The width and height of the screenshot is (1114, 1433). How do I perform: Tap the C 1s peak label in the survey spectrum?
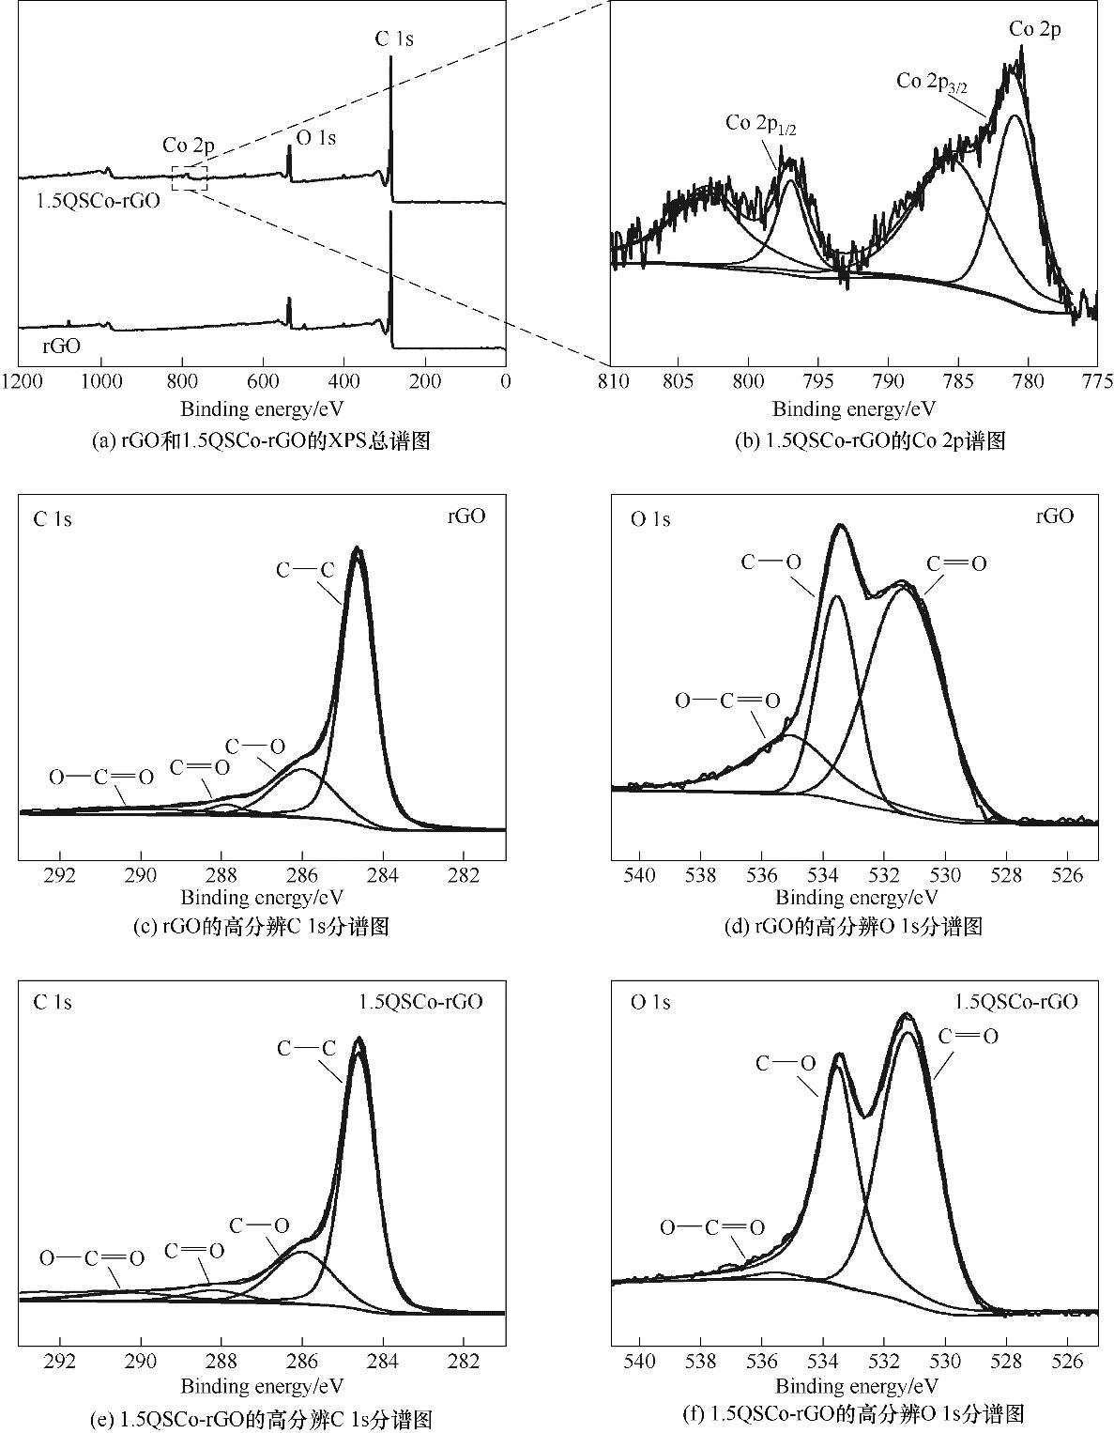(x=394, y=39)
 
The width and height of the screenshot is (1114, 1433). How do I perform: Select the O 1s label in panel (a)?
(x=316, y=138)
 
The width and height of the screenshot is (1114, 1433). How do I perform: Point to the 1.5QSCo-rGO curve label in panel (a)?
(x=98, y=200)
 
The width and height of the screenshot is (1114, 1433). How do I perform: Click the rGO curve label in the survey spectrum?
(x=61, y=346)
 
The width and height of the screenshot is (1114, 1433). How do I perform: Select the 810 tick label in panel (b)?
(x=612, y=382)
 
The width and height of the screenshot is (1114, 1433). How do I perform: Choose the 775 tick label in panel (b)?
(x=1097, y=382)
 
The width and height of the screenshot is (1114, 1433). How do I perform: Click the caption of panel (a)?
(x=262, y=440)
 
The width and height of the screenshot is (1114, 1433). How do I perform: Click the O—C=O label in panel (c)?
(x=101, y=778)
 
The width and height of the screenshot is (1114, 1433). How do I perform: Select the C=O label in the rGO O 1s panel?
(x=956, y=564)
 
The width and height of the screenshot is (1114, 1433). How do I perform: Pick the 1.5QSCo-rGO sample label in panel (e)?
(x=420, y=1002)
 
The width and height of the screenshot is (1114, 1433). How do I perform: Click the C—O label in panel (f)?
(x=786, y=1064)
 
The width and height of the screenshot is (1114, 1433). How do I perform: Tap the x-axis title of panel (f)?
(x=857, y=1386)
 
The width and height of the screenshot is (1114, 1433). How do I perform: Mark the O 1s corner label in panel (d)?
(x=650, y=519)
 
